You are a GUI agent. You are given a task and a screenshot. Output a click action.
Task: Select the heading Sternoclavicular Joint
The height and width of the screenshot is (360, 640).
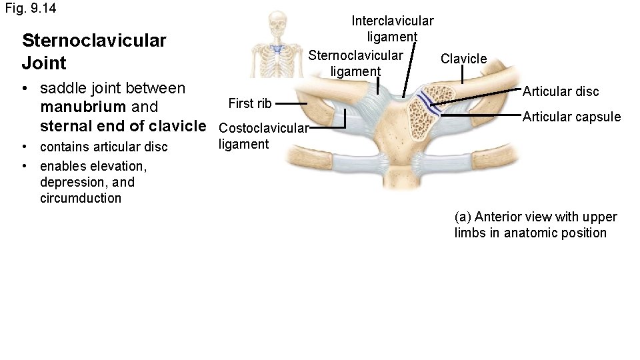(x=93, y=52)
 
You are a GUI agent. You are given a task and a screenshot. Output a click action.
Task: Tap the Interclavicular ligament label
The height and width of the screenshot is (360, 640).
(x=393, y=29)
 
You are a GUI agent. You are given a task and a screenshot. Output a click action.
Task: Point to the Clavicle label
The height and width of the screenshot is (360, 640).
(x=464, y=59)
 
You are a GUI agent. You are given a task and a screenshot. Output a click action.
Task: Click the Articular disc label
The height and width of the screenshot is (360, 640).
(x=560, y=91)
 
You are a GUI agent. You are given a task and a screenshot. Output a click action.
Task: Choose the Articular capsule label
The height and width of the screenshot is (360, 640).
(x=571, y=117)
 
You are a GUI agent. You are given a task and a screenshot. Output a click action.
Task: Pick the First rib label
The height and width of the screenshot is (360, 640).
(x=249, y=103)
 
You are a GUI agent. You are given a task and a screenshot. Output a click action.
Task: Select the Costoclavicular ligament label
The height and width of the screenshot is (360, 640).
(x=263, y=136)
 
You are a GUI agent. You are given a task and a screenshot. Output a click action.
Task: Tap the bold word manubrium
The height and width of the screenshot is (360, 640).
(x=80, y=107)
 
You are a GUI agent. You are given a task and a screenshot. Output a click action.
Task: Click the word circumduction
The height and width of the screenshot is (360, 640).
(x=81, y=198)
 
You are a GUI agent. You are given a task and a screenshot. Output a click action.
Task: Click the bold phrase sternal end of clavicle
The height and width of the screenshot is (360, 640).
(x=123, y=125)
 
